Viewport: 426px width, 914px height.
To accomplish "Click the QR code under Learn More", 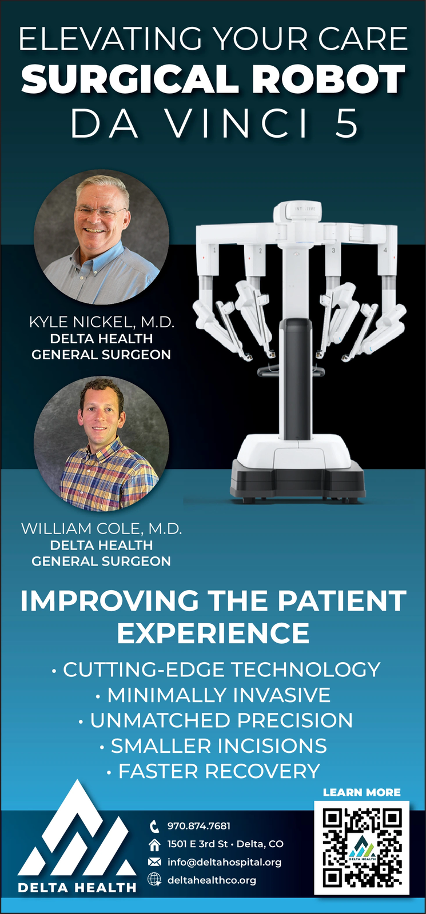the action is [361, 848].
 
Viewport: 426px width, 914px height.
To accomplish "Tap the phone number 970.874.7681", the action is [199, 826].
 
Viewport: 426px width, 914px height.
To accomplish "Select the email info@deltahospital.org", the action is [224, 862].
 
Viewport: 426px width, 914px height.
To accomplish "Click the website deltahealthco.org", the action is [212, 880].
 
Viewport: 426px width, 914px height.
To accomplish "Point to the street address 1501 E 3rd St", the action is [197, 844].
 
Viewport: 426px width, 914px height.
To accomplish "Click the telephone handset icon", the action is [154, 827].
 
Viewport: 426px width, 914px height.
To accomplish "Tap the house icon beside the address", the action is [154, 845].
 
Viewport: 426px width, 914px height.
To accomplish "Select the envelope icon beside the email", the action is [154, 862].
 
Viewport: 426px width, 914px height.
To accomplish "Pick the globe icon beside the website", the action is [154, 880].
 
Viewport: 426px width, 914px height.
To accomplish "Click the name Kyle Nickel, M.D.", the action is [102, 322].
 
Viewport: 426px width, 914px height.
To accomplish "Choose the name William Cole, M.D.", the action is [101, 528].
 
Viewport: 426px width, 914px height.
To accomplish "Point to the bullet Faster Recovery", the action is [213, 771].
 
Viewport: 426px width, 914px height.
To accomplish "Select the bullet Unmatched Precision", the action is [215, 720].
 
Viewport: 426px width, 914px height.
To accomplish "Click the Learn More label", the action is [361, 792].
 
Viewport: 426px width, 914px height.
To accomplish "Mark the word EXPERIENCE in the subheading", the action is [213, 633].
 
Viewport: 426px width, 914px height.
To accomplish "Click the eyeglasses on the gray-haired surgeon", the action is [101, 212].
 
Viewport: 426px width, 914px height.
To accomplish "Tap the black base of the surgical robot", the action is [298, 480].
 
